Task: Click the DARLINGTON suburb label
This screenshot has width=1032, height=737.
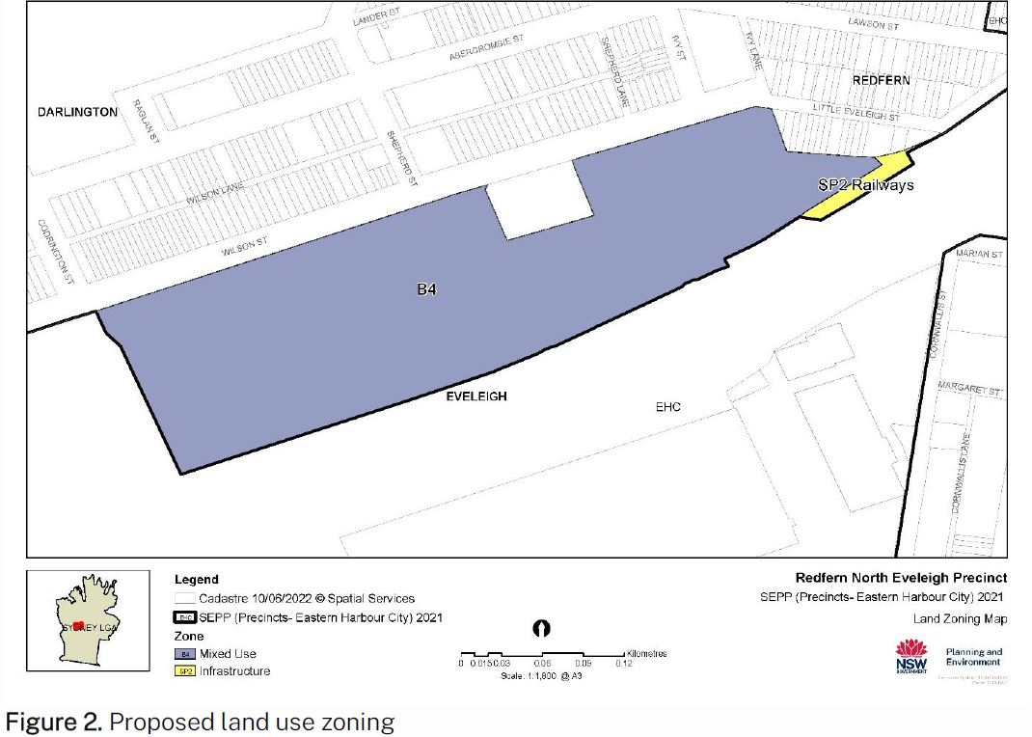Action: pyautogui.click(x=77, y=112)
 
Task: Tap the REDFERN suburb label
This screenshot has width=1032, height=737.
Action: pyautogui.click(x=881, y=80)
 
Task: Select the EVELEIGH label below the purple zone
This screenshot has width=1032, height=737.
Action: pyautogui.click(x=475, y=396)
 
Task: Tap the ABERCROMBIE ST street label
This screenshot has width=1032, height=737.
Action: pyautogui.click(x=486, y=48)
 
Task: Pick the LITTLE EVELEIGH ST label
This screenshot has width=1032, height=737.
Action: pyautogui.click(x=856, y=112)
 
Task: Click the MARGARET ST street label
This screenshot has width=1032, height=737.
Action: pyautogui.click(x=969, y=389)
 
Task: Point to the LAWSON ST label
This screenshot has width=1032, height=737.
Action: pyautogui.click(x=873, y=24)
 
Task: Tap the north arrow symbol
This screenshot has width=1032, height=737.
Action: pyautogui.click(x=543, y=628)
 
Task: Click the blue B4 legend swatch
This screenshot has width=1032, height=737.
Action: pyautogui.click(x=184, y=654)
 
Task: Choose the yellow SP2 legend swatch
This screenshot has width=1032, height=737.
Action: pyautogui.click(x=184, y=671)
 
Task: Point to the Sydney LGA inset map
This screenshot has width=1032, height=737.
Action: pyautogui.click(x=88, y=620)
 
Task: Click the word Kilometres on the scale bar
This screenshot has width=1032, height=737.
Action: pyautogui.click(x=646, y=654)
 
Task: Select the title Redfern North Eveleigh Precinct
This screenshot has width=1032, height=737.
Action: pyautogui.click(x=901, y=578)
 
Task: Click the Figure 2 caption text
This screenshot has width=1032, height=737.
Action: pyautogui.click(x=201, y=722)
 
